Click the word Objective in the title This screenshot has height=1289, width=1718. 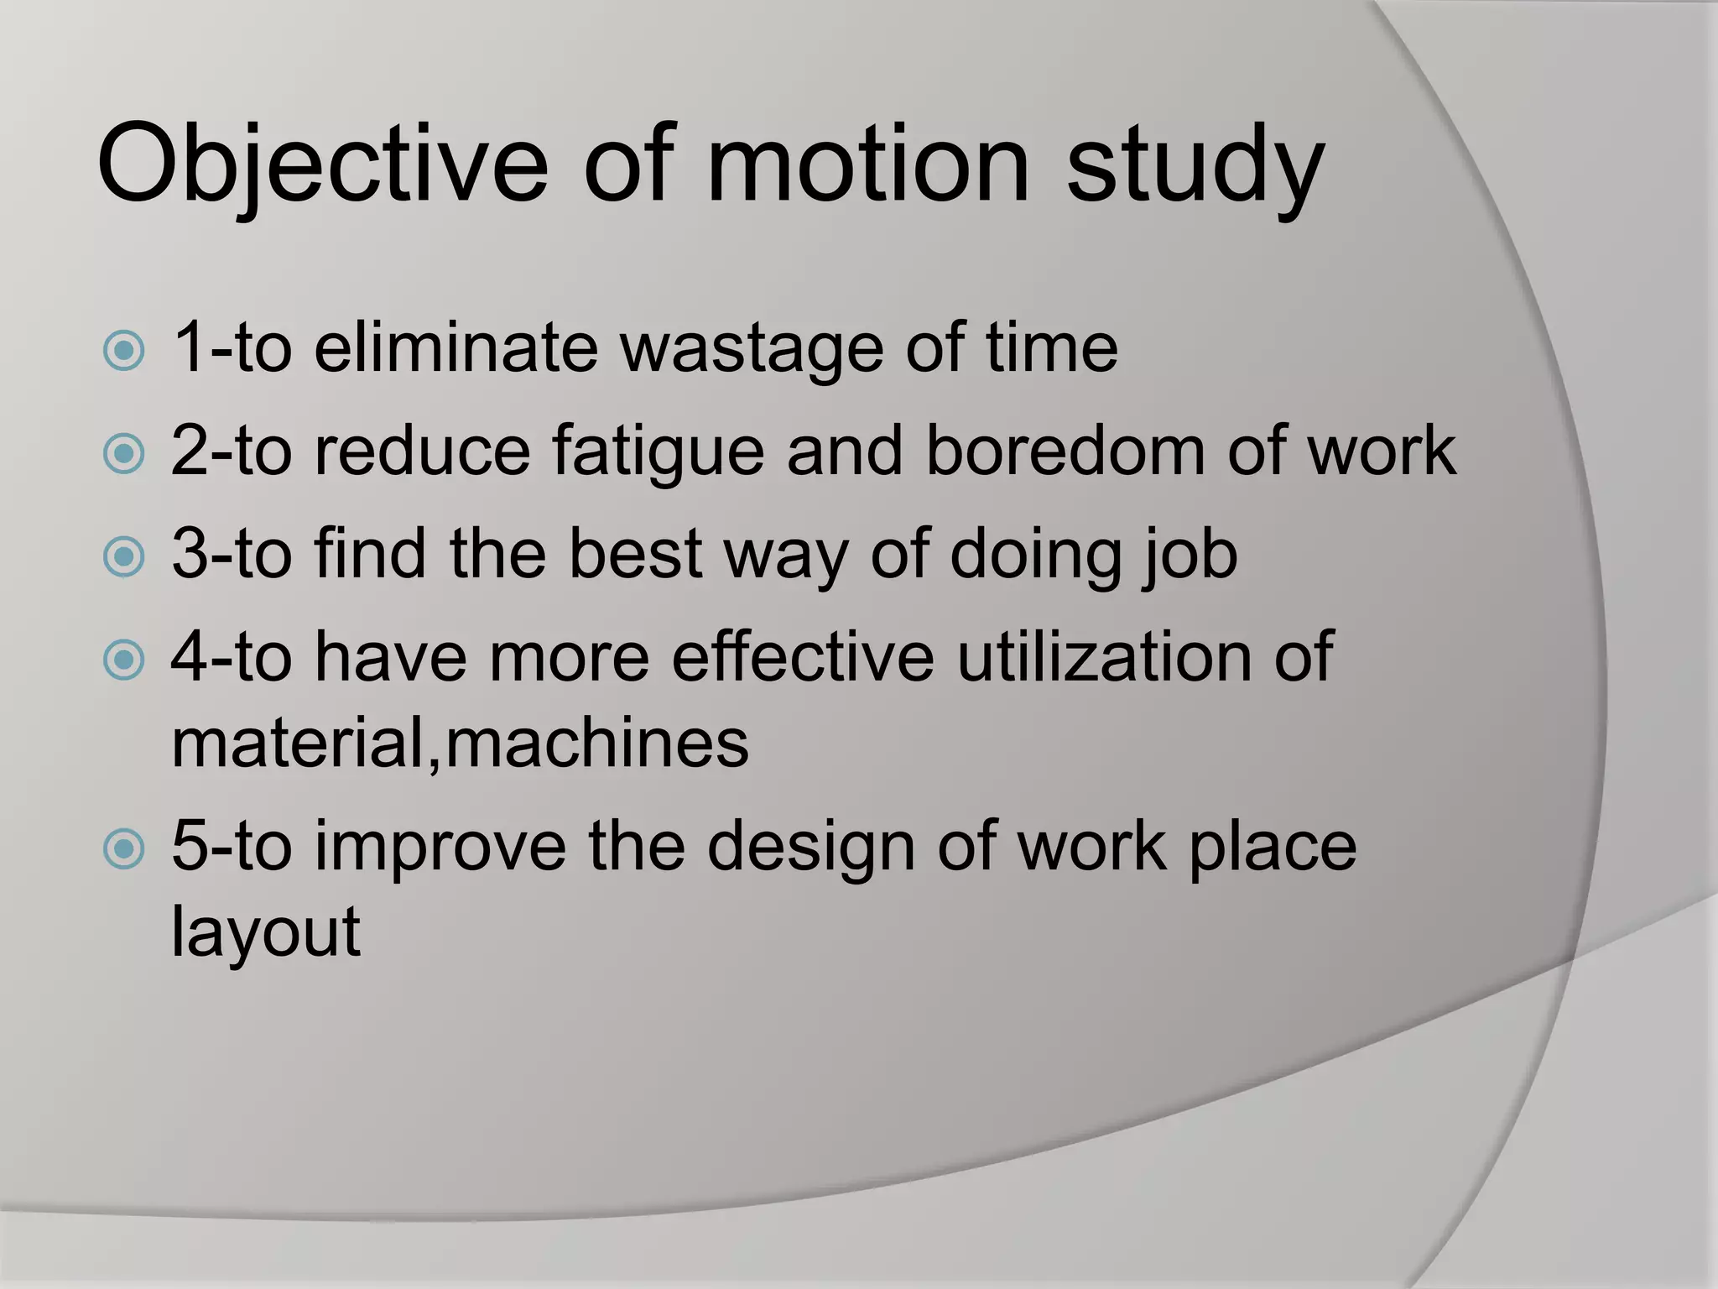coord(323,163)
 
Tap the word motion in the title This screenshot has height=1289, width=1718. coord(868,163)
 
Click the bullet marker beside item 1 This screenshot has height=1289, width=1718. coord(124,351)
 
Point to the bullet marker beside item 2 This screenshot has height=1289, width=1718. coord(124,454)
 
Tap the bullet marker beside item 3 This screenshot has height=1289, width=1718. coord(124,556)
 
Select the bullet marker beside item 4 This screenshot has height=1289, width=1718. coord(124,660)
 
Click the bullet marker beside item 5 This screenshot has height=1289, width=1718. coord(124,848)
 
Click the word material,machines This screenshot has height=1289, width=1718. coord(460,743)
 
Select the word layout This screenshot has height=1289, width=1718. coord(266,932)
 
